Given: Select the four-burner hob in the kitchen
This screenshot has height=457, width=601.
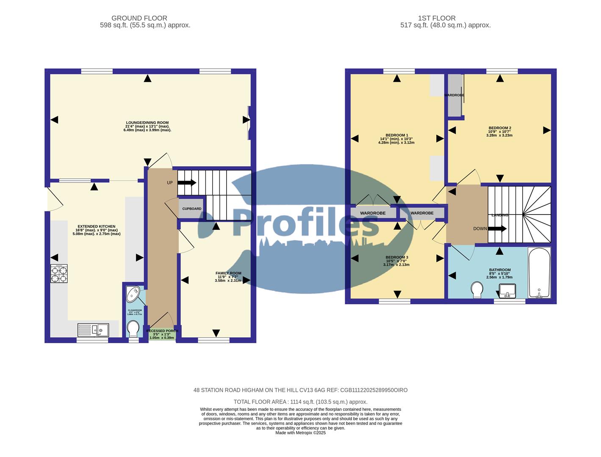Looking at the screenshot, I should (x=59, y=273).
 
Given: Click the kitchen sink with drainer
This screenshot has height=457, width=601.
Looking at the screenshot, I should (x=93, y=330).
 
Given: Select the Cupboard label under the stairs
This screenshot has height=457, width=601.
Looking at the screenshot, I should (x=192, y=209).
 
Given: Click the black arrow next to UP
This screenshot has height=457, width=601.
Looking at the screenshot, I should (x=187, y=183).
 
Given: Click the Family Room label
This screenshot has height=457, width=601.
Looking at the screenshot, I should (x=228, y=277).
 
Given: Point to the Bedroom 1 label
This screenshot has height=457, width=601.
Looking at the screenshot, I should (x=396, y=139).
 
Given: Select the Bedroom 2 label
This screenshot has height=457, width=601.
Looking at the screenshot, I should (x=500, y=132).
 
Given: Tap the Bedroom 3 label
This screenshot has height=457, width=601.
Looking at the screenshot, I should (x=396, y=261).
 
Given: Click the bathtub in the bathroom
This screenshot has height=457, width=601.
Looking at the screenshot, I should (x=539, y=273).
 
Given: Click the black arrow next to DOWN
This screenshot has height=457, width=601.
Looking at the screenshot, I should (x=497, y=229).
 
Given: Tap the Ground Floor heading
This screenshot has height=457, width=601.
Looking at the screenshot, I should (x=139, y=18).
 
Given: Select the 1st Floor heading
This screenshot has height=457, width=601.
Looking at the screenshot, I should (x=437, y=18).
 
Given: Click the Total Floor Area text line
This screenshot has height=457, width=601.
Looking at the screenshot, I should (x=300, y=402).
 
